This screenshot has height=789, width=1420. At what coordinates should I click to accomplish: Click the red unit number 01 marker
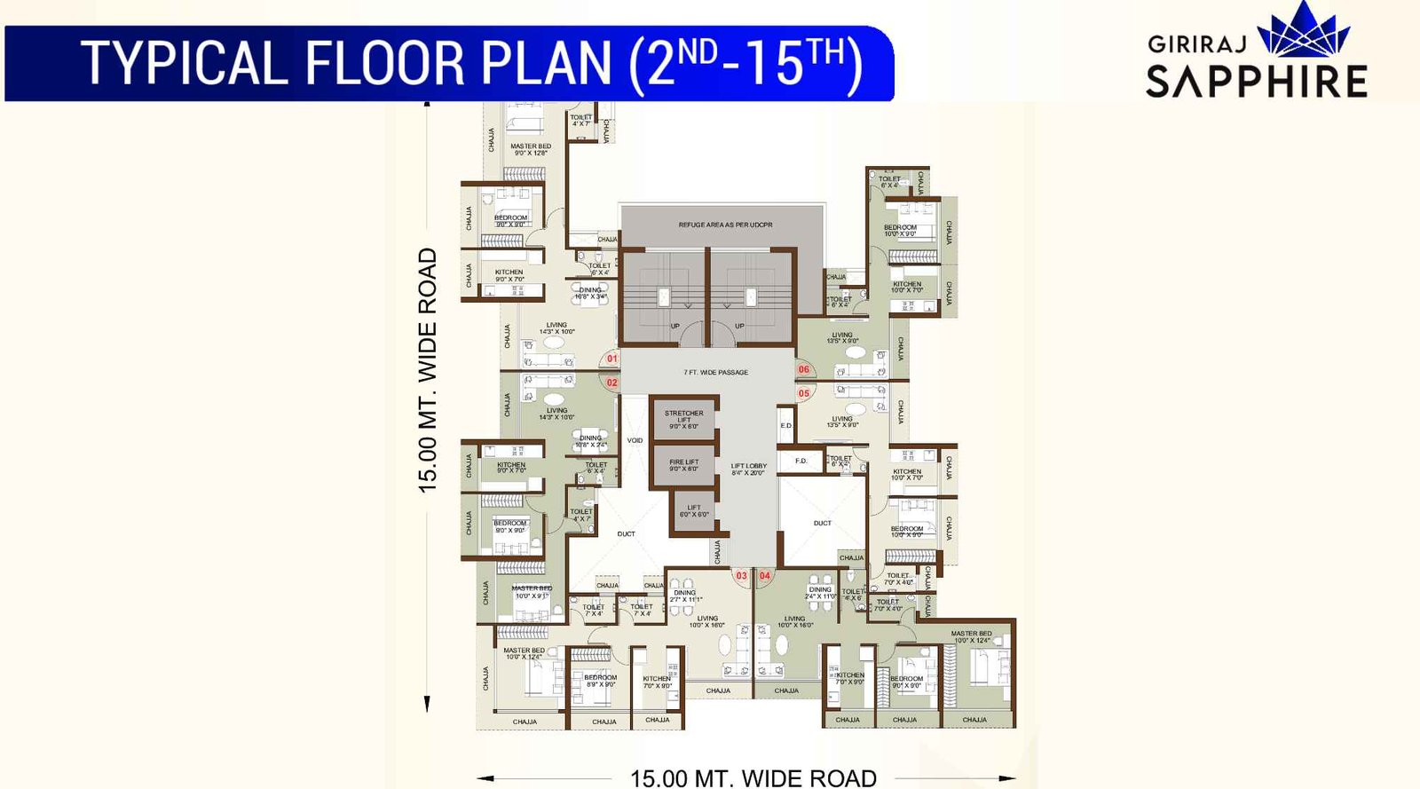[x=611, y=359]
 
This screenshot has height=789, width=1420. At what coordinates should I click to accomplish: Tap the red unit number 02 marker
[x=611, y=383]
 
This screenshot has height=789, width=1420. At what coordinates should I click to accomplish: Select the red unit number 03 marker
[x=741, y=576]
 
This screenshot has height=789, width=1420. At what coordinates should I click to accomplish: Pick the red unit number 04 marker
[x=764, y=576]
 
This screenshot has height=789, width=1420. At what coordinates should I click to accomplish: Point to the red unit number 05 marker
[x=804, y=393]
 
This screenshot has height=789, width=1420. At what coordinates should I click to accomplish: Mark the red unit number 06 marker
[x=804, y=369]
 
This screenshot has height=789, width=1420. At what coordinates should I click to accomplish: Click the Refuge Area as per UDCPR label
[x=725, y=225]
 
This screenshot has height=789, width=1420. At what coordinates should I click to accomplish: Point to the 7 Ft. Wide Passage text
[x=715, y=372]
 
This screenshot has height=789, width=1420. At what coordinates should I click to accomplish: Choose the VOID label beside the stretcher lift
[x=635, y=440]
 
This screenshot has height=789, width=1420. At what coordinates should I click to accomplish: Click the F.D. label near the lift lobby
[x=801, y=461]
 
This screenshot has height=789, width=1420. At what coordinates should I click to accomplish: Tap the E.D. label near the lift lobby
[x=786, y=426]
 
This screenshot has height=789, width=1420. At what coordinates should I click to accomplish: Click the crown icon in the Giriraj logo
[x=1304, y=32]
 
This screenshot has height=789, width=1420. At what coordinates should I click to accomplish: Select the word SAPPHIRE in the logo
[x=1256, y=82]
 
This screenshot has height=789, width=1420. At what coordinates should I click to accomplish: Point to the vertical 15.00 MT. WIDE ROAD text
[x=428, y=370]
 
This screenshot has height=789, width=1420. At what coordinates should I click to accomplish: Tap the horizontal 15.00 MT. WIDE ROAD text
[x=753, y=778]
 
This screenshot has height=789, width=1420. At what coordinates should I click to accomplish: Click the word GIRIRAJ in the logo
[x=1197, y=44]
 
